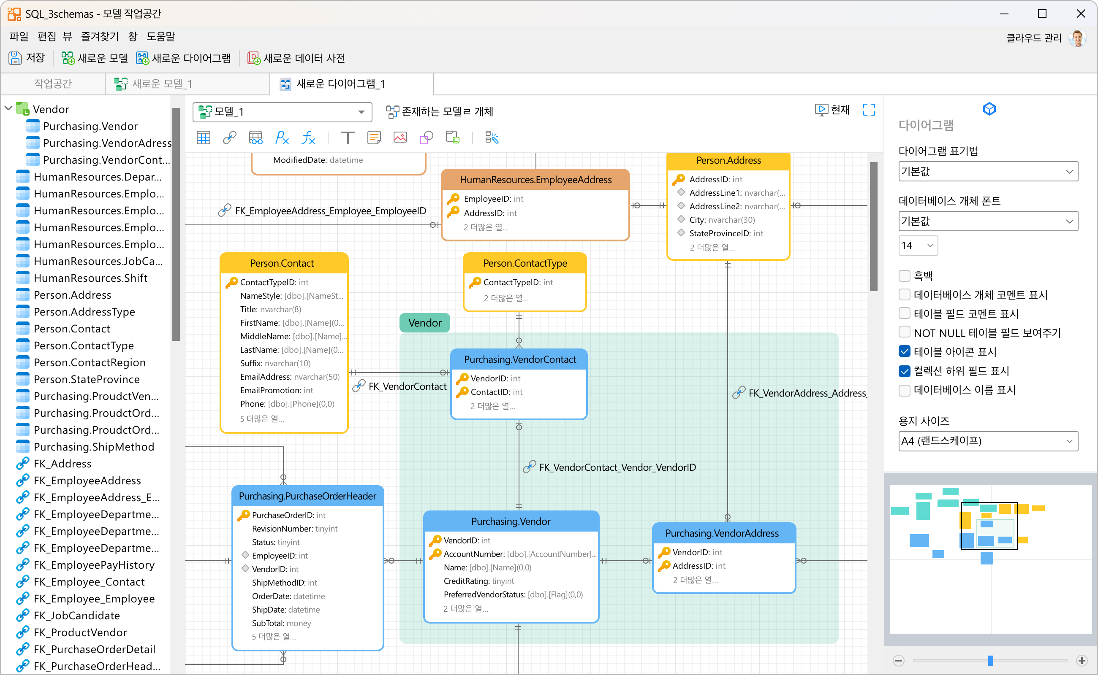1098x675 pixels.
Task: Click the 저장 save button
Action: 27,58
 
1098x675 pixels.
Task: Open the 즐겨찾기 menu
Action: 100,36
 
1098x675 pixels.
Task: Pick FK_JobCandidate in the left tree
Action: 77,616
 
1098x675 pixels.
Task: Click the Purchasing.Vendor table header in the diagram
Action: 511,521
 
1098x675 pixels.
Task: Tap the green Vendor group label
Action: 424,323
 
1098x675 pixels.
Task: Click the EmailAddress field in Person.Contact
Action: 290,377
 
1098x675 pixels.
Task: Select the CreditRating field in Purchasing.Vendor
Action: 478,581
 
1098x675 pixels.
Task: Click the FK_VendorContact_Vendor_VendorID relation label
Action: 617,467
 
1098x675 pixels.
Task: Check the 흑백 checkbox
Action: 905,276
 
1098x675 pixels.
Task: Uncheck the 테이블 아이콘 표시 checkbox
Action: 905,352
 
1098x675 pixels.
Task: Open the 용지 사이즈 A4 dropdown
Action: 988,441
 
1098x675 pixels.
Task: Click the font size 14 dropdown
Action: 918,246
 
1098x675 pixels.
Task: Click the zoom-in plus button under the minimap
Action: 1082,660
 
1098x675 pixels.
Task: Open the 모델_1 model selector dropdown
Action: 283,112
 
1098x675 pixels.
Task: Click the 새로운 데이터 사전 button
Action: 296,58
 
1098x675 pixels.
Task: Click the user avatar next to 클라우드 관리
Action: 1077,38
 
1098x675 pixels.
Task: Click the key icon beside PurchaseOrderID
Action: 243,515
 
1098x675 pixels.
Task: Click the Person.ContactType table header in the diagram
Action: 525,263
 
